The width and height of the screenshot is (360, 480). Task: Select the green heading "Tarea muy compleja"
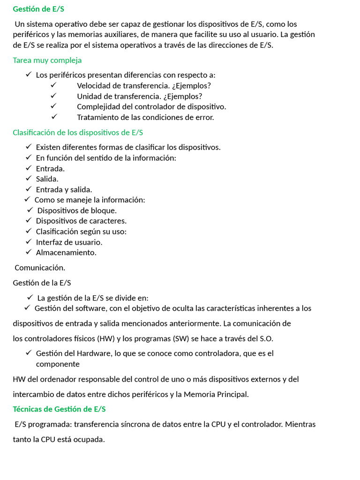[47, 60]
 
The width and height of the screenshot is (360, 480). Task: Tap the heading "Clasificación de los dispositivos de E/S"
[78, 133]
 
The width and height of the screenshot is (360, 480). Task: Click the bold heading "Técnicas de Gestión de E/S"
[59, 409]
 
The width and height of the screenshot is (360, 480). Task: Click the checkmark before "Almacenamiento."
[29, 252]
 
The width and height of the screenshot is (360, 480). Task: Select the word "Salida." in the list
[47, 179]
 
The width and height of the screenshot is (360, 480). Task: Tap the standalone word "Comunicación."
[40, 268]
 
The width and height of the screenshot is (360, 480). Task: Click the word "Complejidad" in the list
[97, 107]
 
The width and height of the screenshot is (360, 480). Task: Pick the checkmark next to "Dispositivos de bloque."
[30, 210]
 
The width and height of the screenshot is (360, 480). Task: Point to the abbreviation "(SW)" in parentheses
[180, 338]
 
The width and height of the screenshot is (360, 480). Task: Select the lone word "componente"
[58, 364]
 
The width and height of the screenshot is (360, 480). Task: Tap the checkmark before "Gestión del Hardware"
[29, 352]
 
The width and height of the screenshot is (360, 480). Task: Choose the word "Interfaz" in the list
[49, 242]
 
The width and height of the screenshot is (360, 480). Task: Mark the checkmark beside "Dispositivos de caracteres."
[29, 220]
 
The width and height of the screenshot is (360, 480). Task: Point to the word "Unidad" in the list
[88, 97]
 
